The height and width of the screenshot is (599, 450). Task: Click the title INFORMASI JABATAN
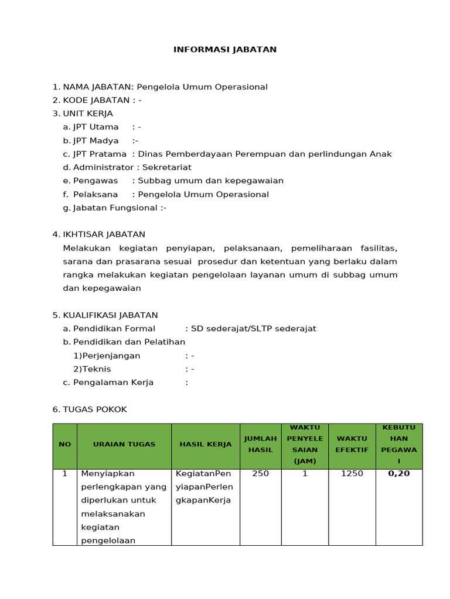point(225,50)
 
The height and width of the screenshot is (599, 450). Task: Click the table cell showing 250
point(260,473)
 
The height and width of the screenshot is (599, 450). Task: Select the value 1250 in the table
point(352,473)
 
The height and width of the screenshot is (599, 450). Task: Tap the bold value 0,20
point(399,473)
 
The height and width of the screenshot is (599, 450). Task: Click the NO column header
point(64,445)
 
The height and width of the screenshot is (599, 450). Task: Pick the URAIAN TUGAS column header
point(124,445)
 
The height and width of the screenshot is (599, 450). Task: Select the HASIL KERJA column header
point(206,445)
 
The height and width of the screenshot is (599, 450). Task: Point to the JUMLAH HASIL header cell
point(260,445)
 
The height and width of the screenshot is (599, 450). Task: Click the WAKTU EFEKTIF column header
point(352,445)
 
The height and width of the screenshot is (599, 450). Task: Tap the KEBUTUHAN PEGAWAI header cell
point(399,445)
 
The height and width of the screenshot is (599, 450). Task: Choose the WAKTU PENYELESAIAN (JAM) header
point(305,445)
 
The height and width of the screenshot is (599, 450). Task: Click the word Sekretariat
point(168,167)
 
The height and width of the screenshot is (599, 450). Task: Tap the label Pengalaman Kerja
point(113,383)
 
